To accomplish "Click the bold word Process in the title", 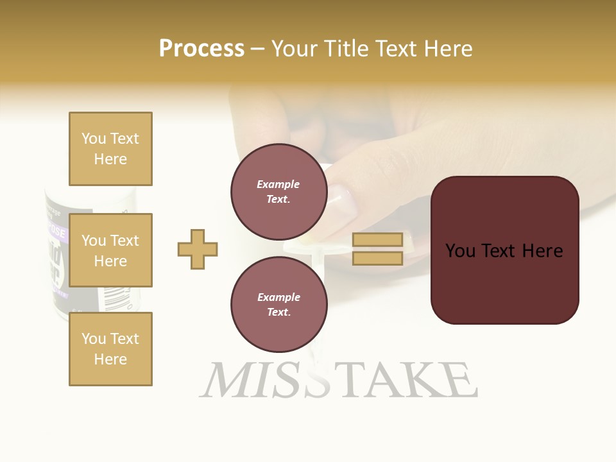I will coord(201,49).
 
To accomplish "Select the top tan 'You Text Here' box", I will coord(110,149).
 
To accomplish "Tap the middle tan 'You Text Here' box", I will coord(110,250).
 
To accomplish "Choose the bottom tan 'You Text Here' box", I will coord(110,348).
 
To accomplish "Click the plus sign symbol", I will coord(198,249).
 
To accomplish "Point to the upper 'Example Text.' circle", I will coord(278,191).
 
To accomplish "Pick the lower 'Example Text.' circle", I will coord(278,304).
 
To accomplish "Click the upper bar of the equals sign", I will coord(377,240).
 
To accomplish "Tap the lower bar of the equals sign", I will coord(377,259).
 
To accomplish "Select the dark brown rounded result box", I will coord(504,250).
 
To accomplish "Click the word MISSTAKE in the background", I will coord(338,380).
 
